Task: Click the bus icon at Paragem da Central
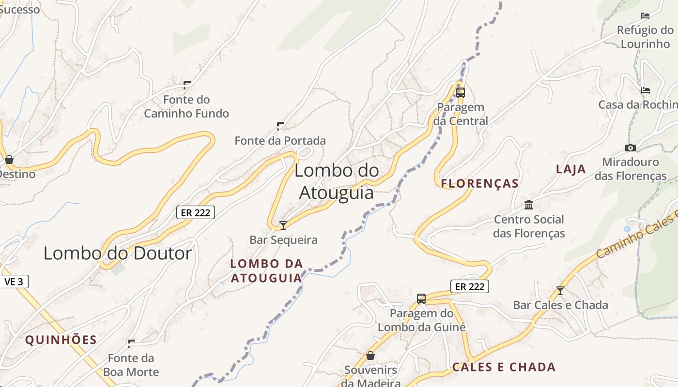[x=460, y=92]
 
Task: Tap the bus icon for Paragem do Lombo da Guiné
[x=421, y=298]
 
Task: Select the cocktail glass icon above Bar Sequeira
[x=283, y=225]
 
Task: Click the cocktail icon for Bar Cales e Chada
[x=560, y=290]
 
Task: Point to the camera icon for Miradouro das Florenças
[x=630, y=148]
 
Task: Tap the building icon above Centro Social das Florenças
[x=529, y=205]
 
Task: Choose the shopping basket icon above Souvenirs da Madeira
[x=370, y=356]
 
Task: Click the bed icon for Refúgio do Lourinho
[x=645, y=15]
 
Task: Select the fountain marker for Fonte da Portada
[x=280, y=126]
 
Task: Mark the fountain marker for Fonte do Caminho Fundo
[x=186, y=85]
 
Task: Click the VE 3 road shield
[x=14, y=282]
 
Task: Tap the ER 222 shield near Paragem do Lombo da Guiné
[x=470, y=286]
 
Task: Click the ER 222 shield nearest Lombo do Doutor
[x=195, y=212]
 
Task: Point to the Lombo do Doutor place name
[x=118, y=253]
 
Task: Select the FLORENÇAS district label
[x=479, y=184]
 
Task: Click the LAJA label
[x=571, y=169]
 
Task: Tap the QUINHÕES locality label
[x=61, y=340]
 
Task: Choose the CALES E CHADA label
[x=504, y=367]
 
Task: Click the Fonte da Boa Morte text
[x=131, y=365]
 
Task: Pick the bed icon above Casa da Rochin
[x=645, y=90]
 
